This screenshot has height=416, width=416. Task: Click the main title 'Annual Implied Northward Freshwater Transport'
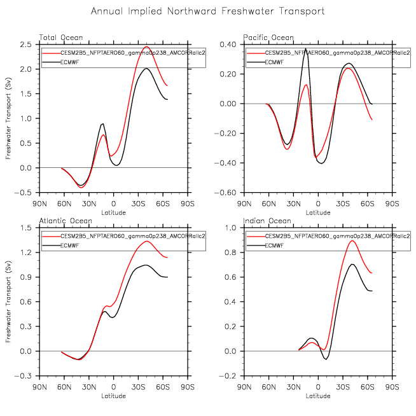(x=208, y=11)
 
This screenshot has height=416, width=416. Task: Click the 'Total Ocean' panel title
(x=61, y=38)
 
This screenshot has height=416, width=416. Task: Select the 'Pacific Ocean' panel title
(x=268, y=38)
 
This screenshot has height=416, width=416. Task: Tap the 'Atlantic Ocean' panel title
(x=66, y=221)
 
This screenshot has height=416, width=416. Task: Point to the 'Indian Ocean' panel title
(x=267, y=221)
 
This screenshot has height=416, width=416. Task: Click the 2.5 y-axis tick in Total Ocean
(x=25, y=45)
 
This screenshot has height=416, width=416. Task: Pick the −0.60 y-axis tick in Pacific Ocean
(x=225, y=193)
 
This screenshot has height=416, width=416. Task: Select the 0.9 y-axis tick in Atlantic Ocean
(x=25, y=277)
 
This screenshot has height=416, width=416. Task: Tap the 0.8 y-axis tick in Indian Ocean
(x=230, y=253)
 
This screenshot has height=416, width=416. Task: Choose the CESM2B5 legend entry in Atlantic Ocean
(x=123, y=236)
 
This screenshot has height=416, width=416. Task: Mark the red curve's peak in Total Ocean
(x=147, y=46)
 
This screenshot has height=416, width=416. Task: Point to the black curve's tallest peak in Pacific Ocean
(x=306, y=49)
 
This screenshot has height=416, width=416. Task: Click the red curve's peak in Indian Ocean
(x=352, y=241)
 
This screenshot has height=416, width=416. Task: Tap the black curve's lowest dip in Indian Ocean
(x=326, y=359)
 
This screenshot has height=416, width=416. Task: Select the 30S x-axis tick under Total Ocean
(x=138, y=204)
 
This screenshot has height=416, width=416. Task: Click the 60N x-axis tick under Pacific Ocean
(x=269, y=204)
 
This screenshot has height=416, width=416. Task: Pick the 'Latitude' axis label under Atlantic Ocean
(x=114, y=396)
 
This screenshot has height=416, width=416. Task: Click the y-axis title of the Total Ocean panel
(x=8, y=118)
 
